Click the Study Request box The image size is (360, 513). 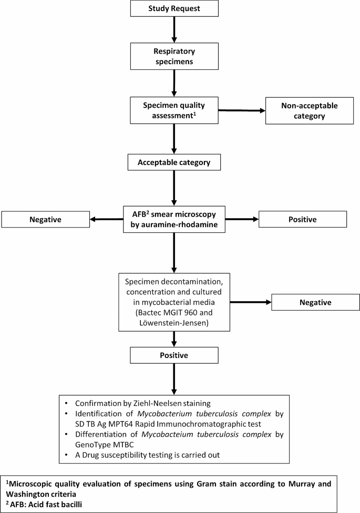(173, 8)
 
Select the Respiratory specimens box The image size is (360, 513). (173, 56)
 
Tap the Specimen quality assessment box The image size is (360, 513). (173, 110)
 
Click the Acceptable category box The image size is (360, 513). (173, 162)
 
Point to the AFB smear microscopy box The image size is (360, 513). (173, 220)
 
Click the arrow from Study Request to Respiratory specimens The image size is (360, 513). (173, 30)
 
